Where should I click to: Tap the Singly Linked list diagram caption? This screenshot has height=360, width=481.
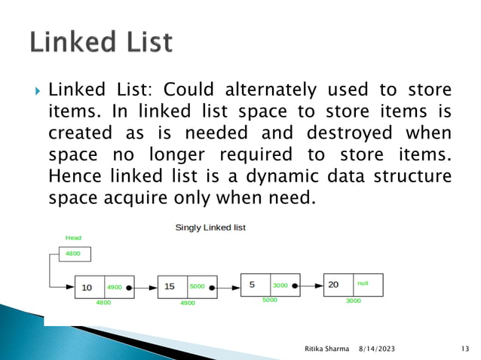(x=210, y=227)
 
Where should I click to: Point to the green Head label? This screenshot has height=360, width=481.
(x=73, y=237)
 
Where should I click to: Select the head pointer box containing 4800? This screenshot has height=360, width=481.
(x=73, y=254)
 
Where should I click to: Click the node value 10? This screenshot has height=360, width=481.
(x=87, y=287)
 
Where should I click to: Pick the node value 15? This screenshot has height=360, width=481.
(x=170, y=287)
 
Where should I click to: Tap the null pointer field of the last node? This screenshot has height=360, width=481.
(x=363, y=283)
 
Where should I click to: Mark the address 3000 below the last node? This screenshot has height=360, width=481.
(x=353, y=301)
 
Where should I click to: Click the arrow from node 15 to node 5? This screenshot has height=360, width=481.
(x=227, y=287)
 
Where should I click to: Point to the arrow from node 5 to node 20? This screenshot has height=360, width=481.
(x=310, y=285)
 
